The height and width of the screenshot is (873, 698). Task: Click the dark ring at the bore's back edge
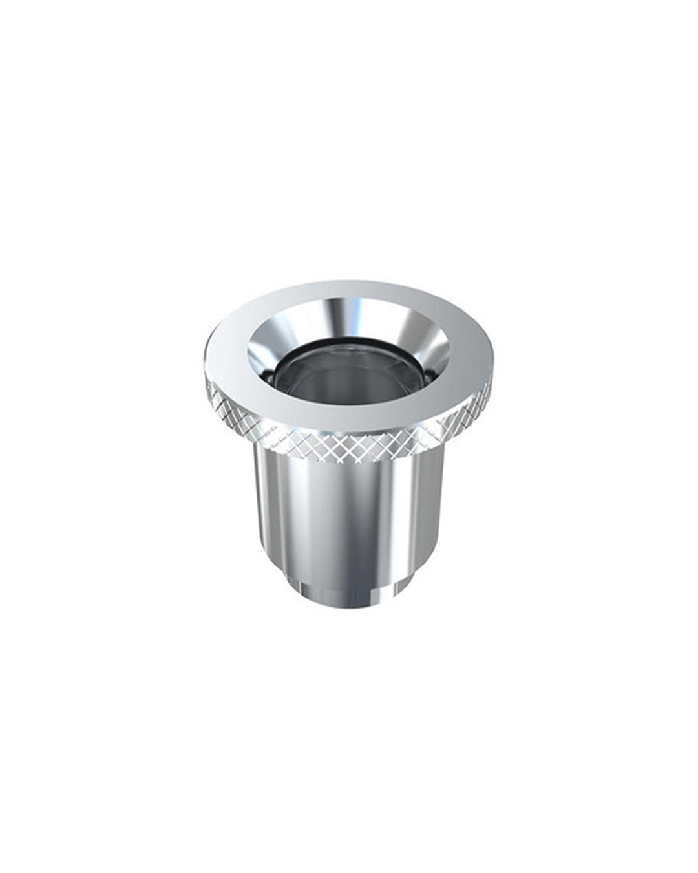[349, 343]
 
